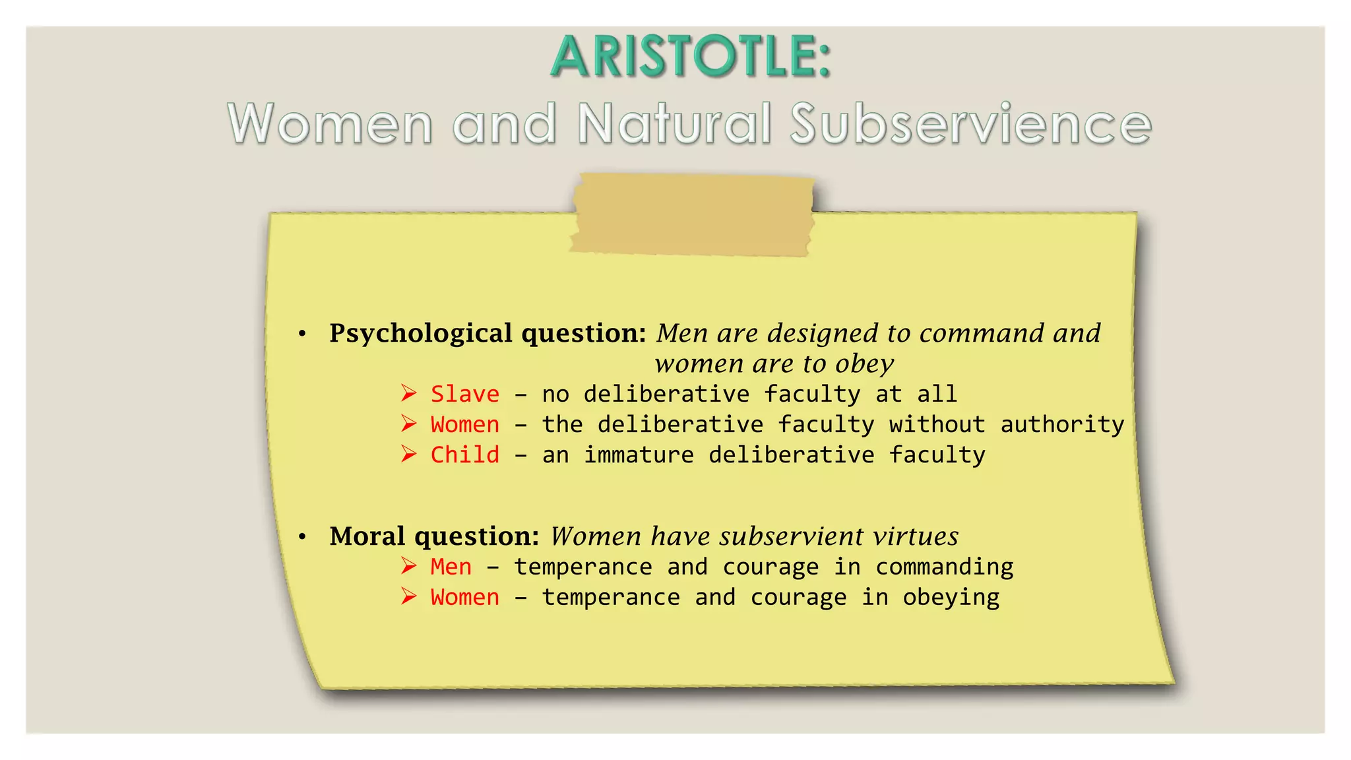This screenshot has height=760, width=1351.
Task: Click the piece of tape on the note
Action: (693, 214)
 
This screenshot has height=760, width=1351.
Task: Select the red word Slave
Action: (465, 394)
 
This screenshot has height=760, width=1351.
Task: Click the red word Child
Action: (465, 455)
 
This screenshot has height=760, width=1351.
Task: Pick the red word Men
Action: (451, 567)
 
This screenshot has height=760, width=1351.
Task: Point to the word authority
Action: (1062, 424)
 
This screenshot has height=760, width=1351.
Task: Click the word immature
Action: (639, 455)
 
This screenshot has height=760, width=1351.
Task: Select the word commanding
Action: (944, 567)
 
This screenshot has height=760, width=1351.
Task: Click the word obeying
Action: (951, 598)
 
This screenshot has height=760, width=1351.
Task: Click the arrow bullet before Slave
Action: (409, 394)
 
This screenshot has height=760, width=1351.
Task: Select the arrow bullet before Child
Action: (409, 455)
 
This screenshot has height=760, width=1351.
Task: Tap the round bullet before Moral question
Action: (302, 537)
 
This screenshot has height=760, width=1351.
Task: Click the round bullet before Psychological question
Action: (302, 334)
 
